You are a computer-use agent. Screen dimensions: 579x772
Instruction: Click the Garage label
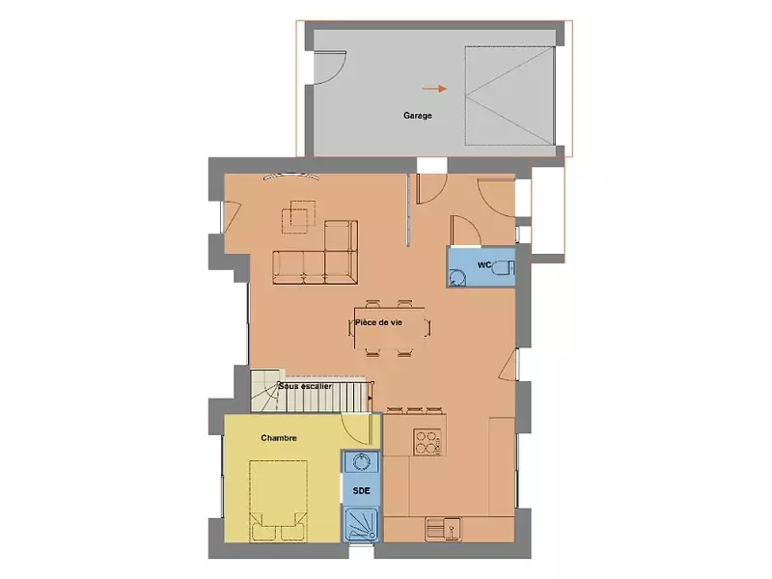click(x=417, y=115)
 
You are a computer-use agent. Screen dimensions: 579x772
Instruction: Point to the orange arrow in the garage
click(x=435, y=89)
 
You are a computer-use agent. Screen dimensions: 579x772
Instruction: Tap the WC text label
click(x=484, y=263)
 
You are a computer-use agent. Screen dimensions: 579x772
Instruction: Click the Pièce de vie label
click(x=384, y=323)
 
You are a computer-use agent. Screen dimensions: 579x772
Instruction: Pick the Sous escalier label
click(x=305, y=386)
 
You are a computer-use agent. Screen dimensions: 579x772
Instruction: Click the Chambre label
click(x=278, y=438)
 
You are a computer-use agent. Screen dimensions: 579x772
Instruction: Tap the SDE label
click(x=361, y=490)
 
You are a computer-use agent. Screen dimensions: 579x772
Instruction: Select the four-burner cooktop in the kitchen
click(x=428, y=442)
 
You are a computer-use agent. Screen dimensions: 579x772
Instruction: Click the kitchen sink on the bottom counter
click(x=445, y=528)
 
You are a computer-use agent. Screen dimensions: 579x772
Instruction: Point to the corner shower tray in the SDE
click(x=363, y=525)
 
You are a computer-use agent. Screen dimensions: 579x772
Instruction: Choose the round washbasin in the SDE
click(x=362, y=462)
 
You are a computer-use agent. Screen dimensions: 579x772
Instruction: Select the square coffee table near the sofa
click(x=298, y=216)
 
